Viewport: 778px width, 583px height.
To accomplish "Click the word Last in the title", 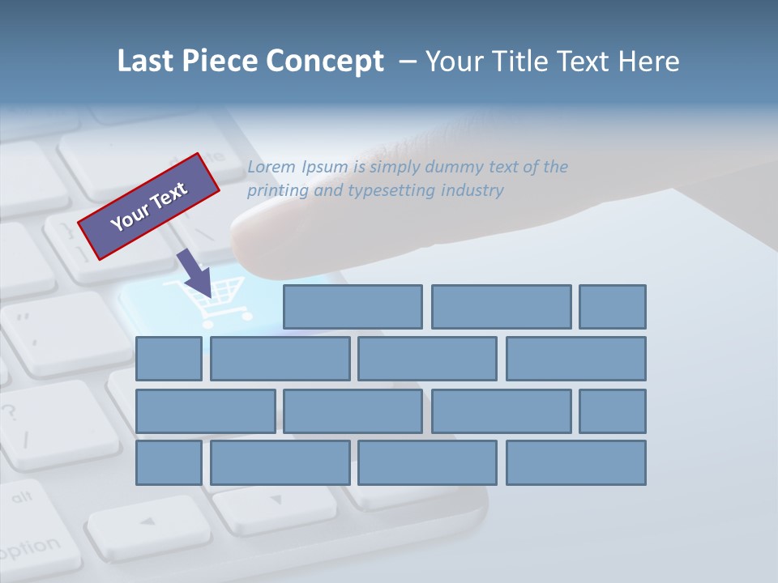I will point(145,62).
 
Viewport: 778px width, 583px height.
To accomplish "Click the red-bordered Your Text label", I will point(149,206).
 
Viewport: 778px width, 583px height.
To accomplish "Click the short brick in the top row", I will point(613,307).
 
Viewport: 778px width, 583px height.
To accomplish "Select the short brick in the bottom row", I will point(169,462).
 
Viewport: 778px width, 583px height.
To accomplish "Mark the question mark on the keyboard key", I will point(10,411).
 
